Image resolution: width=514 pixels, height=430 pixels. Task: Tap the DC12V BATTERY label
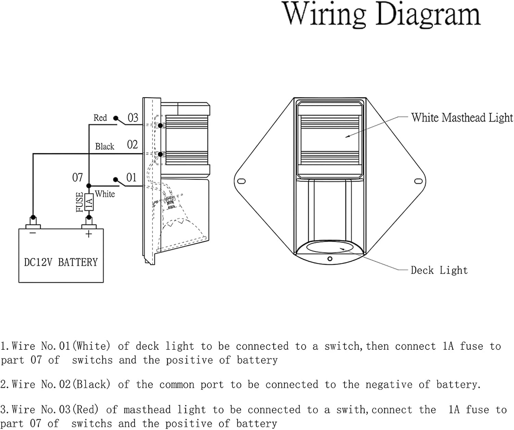(61, 262)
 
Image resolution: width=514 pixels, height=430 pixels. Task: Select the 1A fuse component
(89, 202)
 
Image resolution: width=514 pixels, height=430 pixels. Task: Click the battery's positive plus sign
(89, 234)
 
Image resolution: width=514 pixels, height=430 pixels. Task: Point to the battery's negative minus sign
(33, 233)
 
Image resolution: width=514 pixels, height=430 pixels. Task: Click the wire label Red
(100, 118)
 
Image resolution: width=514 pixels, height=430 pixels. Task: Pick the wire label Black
(105, 146)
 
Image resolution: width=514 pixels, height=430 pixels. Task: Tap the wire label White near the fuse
(105, 194)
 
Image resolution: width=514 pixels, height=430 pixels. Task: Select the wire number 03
(133, 118)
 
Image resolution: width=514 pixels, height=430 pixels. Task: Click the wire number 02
(132, 145)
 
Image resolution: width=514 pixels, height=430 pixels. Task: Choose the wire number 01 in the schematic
(131, 178)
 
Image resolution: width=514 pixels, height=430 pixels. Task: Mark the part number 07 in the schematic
(77, 178)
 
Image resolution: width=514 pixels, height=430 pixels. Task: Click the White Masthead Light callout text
(462, 118)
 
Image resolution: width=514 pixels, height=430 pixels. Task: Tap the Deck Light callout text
(439, 270)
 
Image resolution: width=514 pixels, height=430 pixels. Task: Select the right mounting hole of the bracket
(418, 181)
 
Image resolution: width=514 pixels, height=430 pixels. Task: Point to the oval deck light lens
(330, 247)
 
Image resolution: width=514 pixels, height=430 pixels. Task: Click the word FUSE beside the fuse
(79, 202)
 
